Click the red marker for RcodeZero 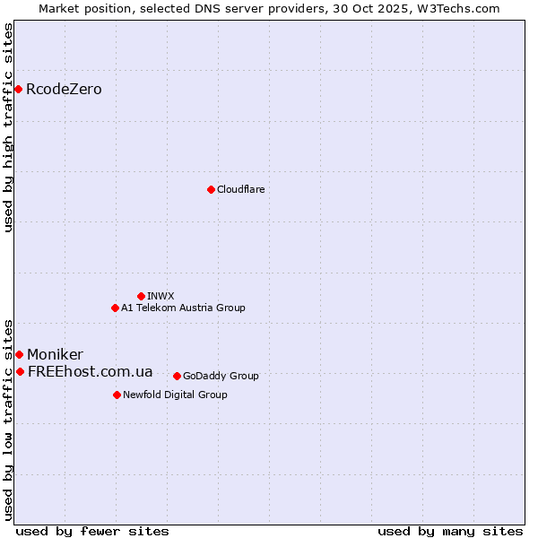coord(18,89)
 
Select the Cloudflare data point coord(211,189)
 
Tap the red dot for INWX coord(141,296)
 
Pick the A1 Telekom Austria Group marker coord(115,308)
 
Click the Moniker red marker coord(19,354)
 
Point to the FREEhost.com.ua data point coord(20,371)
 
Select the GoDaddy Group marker coord(177,376)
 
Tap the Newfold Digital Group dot coord(117,395)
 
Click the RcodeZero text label coord(64,89)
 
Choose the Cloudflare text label coord(240,189)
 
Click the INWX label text coord(161,296)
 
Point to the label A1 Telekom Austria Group coord(183,308)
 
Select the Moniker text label coord(55,354)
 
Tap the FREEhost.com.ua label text coord(90,371)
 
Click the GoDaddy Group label coord(221,376)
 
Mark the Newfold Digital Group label coord(175,395)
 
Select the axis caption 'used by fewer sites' coord(92,531)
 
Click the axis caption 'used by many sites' coord(450,531)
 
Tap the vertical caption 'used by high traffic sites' coord(9,127)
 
